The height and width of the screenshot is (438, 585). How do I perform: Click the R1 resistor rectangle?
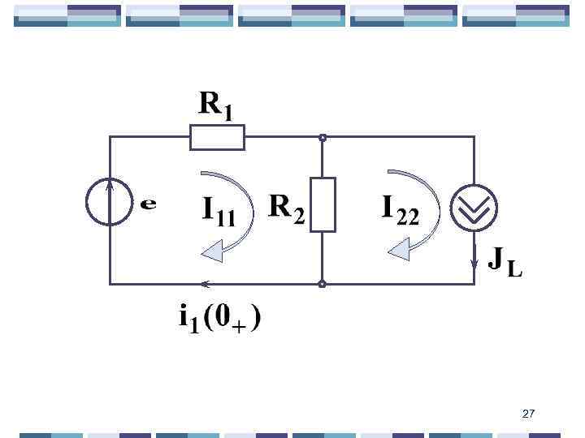click(x=217, y=137)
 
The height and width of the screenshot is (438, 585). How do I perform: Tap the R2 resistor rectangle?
click(x=323, y=204)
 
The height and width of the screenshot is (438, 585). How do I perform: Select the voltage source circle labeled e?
click(x=110, y=202)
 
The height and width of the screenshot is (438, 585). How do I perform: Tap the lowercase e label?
click(x=148, y=204)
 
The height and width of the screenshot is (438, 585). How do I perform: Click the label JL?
click(x=504, y=262)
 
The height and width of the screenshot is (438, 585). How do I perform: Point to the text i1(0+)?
click(x=220, y=318)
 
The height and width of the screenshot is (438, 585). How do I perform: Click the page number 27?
click(x=529, y=414)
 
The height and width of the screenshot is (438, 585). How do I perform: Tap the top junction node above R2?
click(x=323, y=138)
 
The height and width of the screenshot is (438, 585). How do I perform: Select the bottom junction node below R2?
click(x=323, y=284)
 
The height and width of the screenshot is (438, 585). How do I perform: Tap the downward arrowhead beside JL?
click(x=474, y=262)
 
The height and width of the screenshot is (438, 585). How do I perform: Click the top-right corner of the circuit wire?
click(x=474, y=137)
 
